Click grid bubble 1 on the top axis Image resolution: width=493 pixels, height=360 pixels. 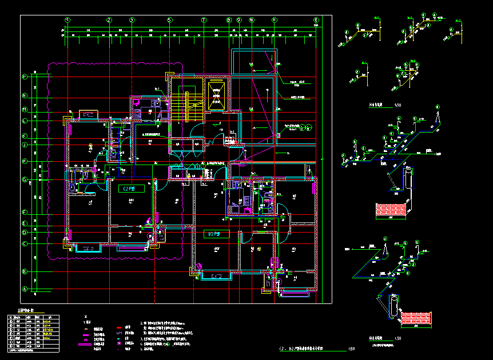point(68,20)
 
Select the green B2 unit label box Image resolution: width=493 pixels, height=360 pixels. point(216,234)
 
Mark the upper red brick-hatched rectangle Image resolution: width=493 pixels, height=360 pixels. point(389,211)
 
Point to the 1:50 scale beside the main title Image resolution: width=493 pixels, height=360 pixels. point(351,349)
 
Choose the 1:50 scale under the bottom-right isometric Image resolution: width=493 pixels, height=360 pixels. point(397,338)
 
